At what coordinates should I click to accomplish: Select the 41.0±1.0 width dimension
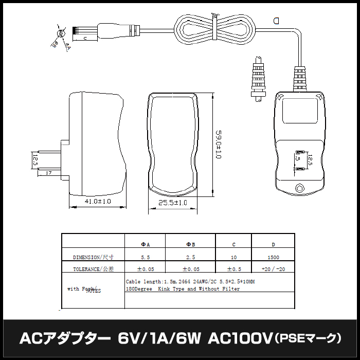98,202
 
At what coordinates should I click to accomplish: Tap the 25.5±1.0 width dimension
172,203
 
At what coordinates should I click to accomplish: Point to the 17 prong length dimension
48,173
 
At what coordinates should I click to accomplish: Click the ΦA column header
146,244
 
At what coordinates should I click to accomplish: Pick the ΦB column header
190,244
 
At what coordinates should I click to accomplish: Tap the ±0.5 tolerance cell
234,269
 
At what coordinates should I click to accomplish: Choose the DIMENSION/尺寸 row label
93,257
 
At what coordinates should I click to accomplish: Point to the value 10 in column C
234,257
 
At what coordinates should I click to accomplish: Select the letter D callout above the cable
277,21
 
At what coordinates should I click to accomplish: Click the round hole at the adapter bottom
300,188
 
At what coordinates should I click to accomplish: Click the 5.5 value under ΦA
146,257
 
